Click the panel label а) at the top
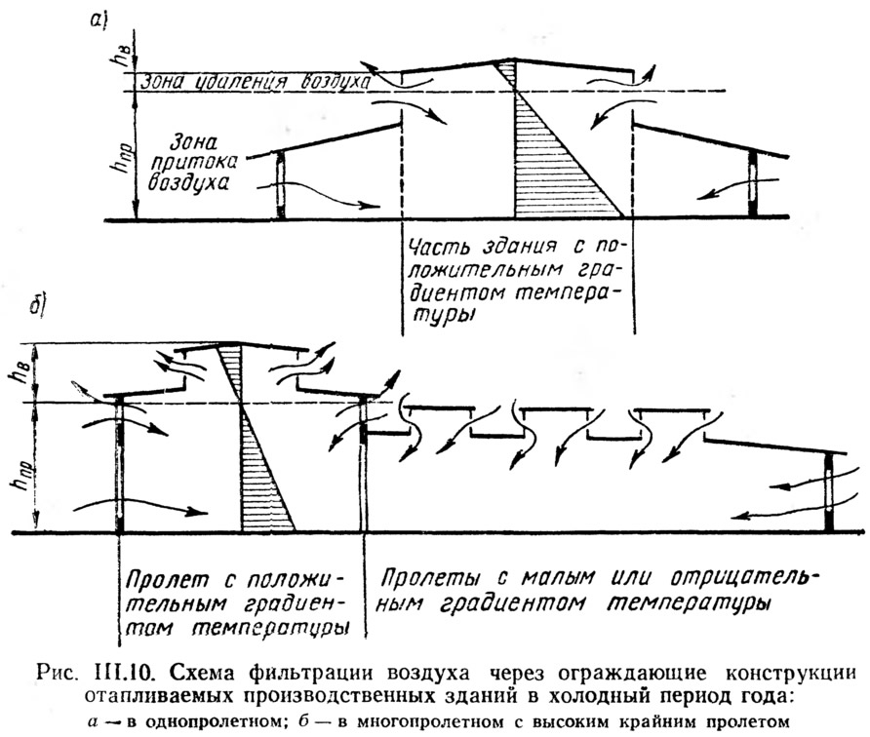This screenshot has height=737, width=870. click(x=99, y=19)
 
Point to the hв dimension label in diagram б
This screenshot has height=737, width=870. click(x=16, y=375)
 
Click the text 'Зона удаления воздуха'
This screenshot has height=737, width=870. click(x=255, y=83)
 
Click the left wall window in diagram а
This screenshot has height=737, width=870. click(x=281, y=184)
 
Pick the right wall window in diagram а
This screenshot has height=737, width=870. click(x=753, y=183)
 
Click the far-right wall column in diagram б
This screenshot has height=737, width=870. click(x=829, y=493)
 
